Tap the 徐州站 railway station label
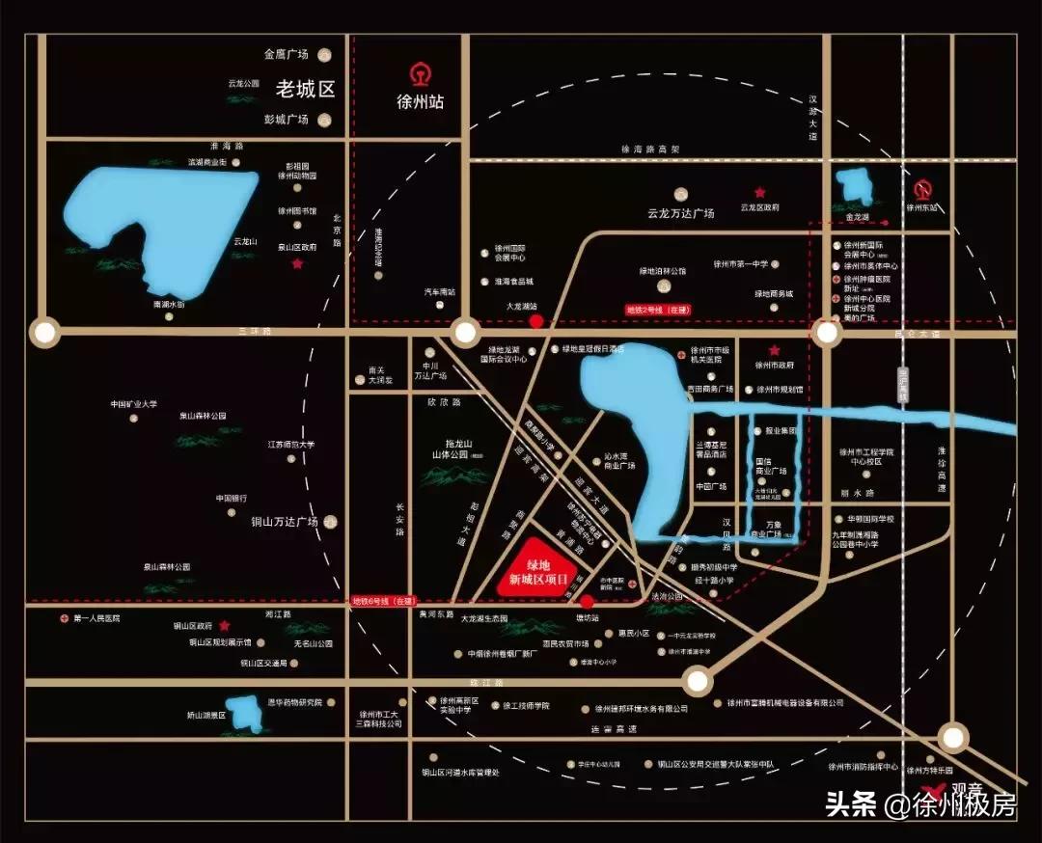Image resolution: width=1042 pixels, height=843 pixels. click(x=421, y=101)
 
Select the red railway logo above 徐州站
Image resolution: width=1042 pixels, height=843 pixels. click(x=421, y=74)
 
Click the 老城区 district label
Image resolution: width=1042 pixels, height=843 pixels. click(x=305, y=90)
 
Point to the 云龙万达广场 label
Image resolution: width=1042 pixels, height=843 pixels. click(x=681, y=213)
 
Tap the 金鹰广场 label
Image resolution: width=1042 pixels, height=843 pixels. click(x=286, y=55)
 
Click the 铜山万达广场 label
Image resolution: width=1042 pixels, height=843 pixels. click(x=285, y=522)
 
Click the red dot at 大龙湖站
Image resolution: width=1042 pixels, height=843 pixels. click(x=536, y=321)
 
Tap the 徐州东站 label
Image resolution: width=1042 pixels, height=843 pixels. click(x=922, y=207)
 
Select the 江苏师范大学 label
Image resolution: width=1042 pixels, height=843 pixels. click(x=291, y=445)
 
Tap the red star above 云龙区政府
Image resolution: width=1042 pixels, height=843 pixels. click(x=760, y=193)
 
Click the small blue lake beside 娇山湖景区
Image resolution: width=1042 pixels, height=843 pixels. click(x=246, y=712)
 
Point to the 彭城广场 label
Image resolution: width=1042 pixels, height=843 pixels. click(x=286, y=120)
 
